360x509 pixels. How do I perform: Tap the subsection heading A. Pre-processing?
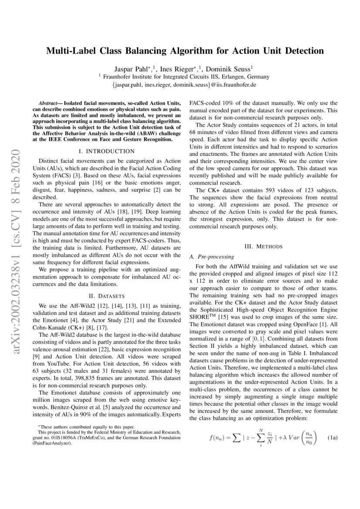tap(211, 256)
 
